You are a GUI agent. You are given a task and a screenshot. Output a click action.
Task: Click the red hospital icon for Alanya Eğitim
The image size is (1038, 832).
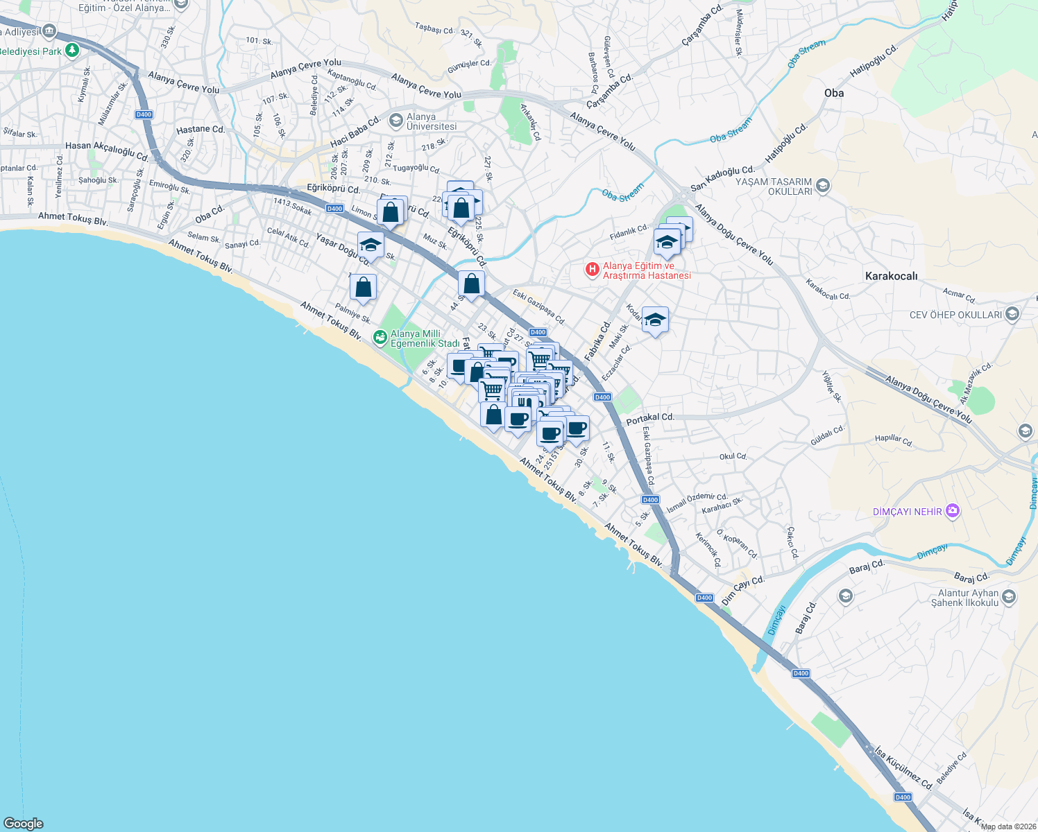tap(592, 269)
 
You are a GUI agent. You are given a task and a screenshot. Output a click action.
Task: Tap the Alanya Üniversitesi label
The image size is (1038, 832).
tap(432, 121)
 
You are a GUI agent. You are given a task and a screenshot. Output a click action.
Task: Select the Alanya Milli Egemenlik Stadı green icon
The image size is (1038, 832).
tap(380, 338)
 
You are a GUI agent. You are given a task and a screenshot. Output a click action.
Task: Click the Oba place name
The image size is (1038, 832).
tap(834, 93)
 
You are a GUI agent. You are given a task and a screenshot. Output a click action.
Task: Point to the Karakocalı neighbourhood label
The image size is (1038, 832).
tap(891, 276)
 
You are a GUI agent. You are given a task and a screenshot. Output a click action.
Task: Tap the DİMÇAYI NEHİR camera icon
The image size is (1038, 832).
tap(953, 512)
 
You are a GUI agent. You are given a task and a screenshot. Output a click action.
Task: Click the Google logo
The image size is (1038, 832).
tap(23, 823)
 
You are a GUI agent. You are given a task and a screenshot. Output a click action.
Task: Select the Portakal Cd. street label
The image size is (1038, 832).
tap(650, 418)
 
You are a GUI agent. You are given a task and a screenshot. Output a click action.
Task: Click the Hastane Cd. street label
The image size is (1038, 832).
tap(201, 130)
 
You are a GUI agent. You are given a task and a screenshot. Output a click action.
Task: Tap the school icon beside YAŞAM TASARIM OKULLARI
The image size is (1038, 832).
tap(822, 185)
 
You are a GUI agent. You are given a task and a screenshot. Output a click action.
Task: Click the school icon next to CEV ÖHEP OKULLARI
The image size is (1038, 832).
tap(1012, 315)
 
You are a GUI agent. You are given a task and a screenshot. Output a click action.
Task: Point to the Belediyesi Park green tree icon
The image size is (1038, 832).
tap(71, 51)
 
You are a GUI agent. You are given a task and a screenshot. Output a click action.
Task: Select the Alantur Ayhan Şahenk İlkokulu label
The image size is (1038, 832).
tap(968, 598)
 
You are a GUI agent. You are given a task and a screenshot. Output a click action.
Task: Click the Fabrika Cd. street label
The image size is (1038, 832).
tap(597, 340)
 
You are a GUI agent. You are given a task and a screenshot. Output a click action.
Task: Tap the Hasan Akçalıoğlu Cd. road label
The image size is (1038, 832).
tap(106, 150)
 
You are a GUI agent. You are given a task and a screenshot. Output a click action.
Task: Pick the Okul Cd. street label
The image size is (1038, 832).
tap(733, 456)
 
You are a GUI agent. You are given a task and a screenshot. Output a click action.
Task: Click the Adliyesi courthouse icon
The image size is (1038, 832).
tap(49, 31)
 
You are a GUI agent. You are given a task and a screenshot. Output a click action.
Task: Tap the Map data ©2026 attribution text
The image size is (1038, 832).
tap(1008, 826)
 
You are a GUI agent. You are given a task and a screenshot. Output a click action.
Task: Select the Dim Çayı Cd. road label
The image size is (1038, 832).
tap(742, 590)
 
